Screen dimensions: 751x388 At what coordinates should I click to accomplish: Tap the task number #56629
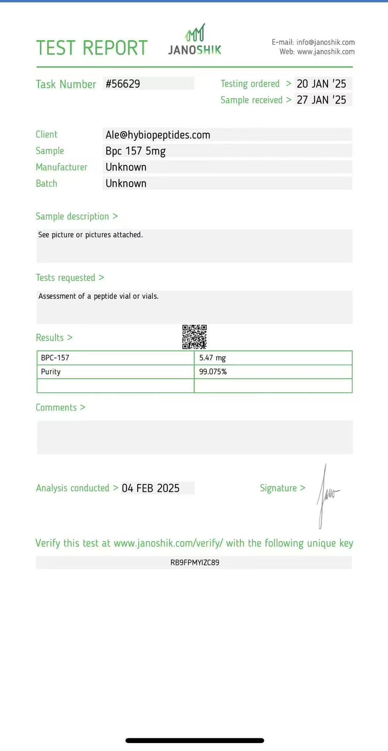pyautogui.click(x=123, y=84)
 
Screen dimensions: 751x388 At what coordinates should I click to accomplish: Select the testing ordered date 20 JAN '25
pyautogui.click(x=321, y=84)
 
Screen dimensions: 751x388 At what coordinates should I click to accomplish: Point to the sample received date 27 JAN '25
pyautogui.click(x=321, y=100)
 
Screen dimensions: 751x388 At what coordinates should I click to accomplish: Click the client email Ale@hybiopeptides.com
pyautogui.click(x=158, y=135)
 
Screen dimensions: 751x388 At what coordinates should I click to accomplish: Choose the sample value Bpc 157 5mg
pyautogui.click(x=135, y=151)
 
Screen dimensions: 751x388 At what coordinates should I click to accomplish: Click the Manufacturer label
pyautogui.click(x=61, y=167)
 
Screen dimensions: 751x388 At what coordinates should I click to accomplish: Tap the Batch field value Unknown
pyautogui.click(x=126, y=184)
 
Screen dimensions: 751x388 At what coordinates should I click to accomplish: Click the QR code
pyautogui.click(x=194, y=337)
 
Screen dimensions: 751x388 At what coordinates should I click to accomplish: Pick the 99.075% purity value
pyautogui.click(x=213, y=372)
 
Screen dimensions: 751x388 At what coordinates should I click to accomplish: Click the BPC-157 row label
pyautogui.click(x=55, y=358)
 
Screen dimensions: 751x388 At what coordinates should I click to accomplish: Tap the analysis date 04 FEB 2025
pyautogui.click(x=150, y=488)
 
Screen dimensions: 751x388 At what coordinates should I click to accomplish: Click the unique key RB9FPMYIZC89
pyautogui.click(x=194, y=562)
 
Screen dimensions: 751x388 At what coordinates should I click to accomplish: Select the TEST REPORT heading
pyautogui.click(x=92, y=48)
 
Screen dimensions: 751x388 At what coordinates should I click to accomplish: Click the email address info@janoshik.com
pyautogui.click(x=325, y=42)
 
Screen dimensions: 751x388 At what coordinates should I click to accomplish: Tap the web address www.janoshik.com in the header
pyautogui.click(x=326, y=52)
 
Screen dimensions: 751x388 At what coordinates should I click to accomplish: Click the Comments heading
pyautogui.click(x=60, y=407)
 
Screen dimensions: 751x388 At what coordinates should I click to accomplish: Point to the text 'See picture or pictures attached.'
pyautogui.click(x=90, y=235)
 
